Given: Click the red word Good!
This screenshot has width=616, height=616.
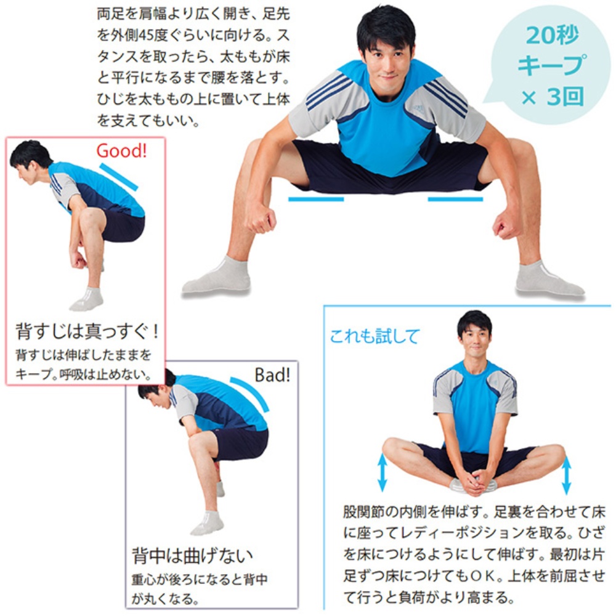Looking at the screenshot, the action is [x=121, y=150].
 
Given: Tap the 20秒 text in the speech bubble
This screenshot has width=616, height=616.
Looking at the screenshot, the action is [x=552, y=35].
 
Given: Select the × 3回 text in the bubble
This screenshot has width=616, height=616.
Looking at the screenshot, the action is [x=552, y=97].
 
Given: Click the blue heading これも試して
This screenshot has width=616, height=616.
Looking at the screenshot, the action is [x=375, y=336].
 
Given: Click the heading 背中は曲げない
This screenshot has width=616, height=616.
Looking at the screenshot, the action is [x=192, y=556].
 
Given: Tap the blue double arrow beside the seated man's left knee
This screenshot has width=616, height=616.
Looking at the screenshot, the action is [x=566, y=475].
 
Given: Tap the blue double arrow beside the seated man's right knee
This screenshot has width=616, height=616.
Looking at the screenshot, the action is [x=383, y=472].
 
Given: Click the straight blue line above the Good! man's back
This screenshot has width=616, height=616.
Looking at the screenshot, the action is [x=119, y=177].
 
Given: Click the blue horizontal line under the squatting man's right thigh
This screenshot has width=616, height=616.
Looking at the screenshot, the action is [x=316, y=200].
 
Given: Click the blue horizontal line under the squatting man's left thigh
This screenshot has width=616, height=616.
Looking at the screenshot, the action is [x=455, y=200].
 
